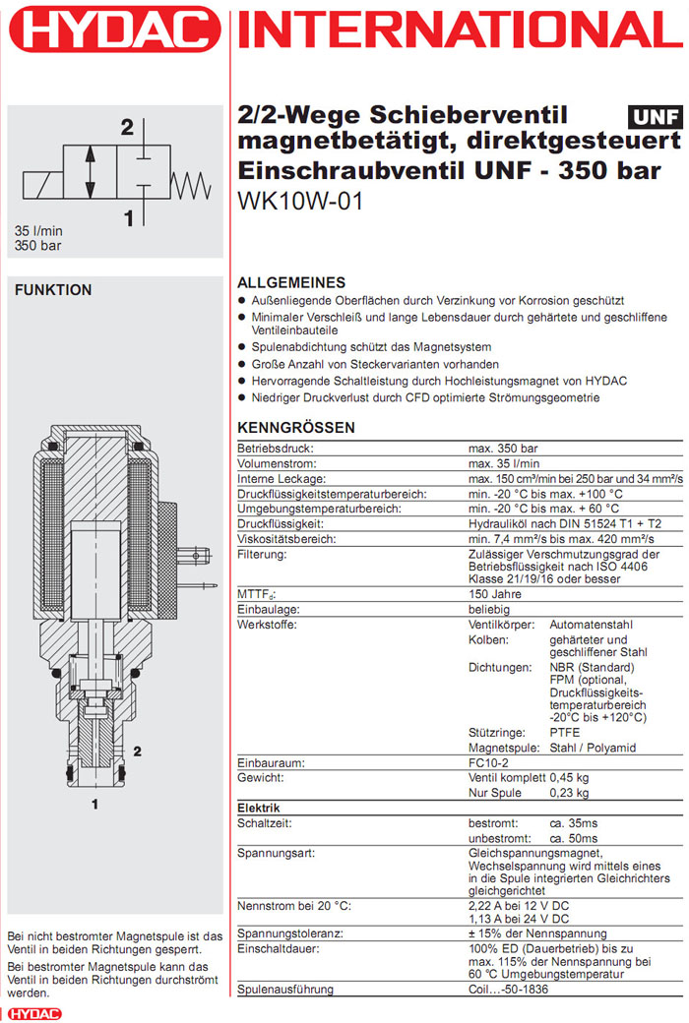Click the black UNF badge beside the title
[654, 117]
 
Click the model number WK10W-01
[301, 201]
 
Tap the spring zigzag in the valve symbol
[189, 182]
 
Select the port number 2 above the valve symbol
[127, 126]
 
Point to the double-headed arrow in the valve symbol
[91, 173]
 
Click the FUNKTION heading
[53, 290]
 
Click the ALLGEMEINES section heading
[291, 282]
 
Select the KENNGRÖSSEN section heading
[296, 428]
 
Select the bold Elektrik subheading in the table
[259, 808]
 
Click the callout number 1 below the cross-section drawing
[95, 805]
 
